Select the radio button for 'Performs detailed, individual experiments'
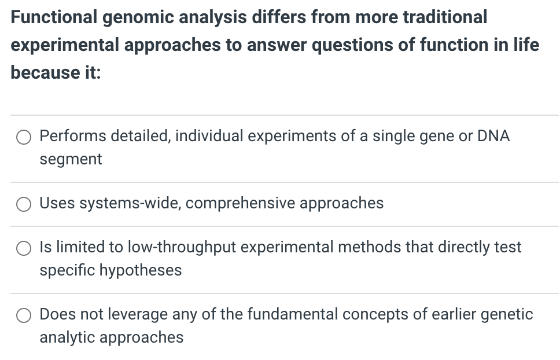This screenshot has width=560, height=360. (24, 137)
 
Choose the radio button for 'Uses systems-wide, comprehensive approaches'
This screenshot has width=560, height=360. (24, 204)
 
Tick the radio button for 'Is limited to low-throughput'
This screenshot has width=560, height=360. (24, 248)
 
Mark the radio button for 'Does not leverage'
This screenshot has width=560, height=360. (24, 315)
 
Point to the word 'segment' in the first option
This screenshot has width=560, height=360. (71, 159)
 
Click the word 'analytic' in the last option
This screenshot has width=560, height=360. (68, 337)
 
